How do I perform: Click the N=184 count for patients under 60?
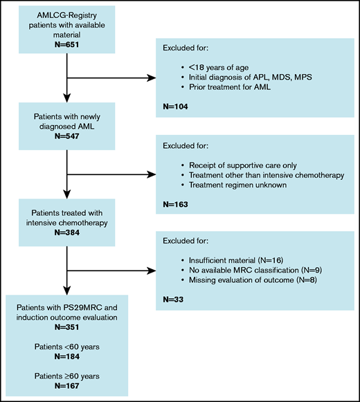(x=66, y=358)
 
